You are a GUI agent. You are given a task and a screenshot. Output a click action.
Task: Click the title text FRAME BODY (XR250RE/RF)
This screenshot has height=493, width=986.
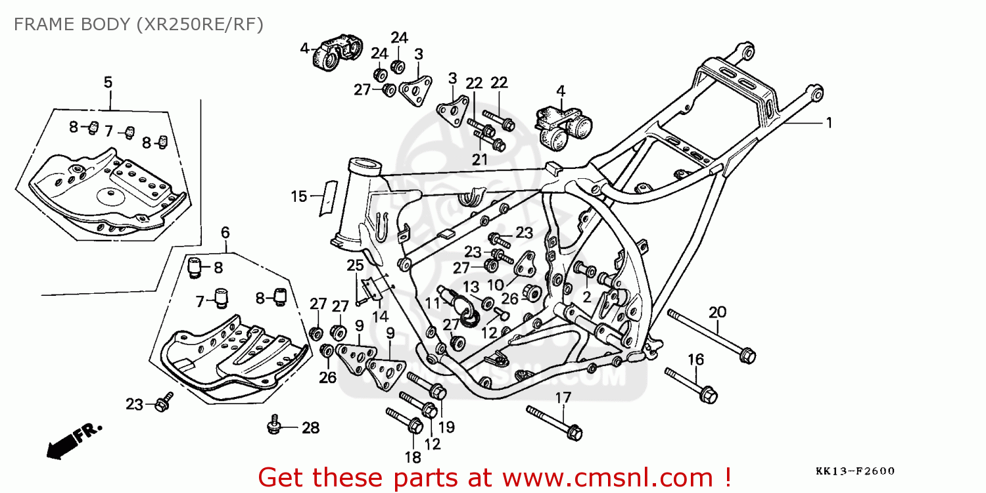coord(138,24)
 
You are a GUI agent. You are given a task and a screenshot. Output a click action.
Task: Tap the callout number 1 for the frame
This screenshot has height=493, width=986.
coord(829,122)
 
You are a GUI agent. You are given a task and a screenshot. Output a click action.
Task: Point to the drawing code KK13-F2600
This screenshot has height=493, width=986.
coord(855,471)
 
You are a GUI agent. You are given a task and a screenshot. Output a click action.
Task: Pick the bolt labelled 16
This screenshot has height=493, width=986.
coord(690,385)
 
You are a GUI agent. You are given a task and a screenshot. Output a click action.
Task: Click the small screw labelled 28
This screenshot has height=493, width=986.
coord(275,427)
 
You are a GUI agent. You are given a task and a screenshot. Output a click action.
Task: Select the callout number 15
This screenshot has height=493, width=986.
coord(298,196)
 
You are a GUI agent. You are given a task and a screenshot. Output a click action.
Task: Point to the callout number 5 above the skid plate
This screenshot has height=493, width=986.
coord(108,82)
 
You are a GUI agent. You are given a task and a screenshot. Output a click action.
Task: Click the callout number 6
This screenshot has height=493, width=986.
coord(225,232)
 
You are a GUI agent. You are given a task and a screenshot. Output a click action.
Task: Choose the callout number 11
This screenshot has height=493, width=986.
coord(432,304)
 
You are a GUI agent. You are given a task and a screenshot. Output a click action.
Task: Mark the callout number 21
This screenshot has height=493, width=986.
coord(480,159)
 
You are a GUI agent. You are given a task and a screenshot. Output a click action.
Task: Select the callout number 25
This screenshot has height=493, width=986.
coord(355,266)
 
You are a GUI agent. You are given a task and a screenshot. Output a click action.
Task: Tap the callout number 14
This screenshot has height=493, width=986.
coord(380,316)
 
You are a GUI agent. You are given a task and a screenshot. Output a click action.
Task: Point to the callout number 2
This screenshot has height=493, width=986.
coord(586,297)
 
